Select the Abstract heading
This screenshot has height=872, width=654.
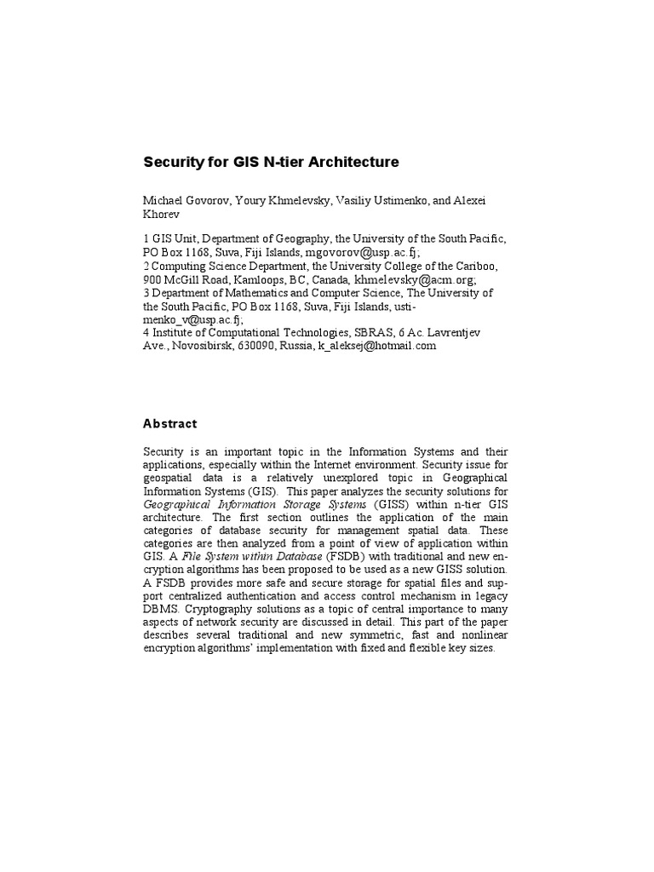coord(169,423)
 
